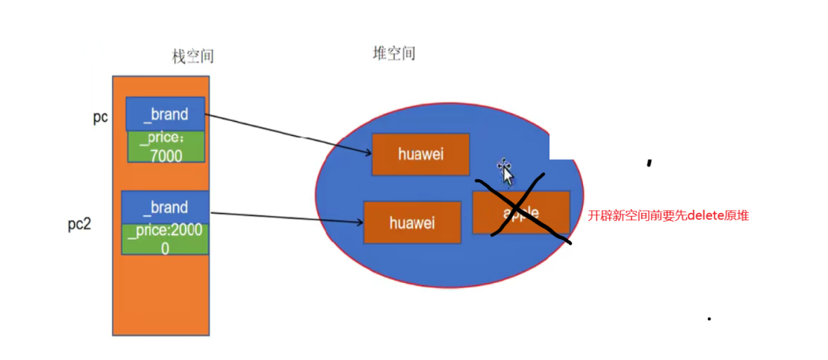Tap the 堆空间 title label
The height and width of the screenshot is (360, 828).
point(393,53)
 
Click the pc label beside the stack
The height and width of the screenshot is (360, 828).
point(101,117)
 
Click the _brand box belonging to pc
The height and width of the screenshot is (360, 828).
point(165,114)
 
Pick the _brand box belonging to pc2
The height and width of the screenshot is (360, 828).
point(165,207)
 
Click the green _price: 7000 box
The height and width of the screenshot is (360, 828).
point(165,146)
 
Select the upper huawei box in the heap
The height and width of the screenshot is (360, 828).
point(420,155)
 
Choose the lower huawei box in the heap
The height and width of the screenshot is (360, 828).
point(411,222)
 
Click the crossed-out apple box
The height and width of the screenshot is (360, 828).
point(521,212)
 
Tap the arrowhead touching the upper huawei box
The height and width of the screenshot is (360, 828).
point(368,154)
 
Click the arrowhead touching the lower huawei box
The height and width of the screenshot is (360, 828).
point(359,220)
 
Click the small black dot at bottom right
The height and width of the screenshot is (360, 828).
point(709,319)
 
